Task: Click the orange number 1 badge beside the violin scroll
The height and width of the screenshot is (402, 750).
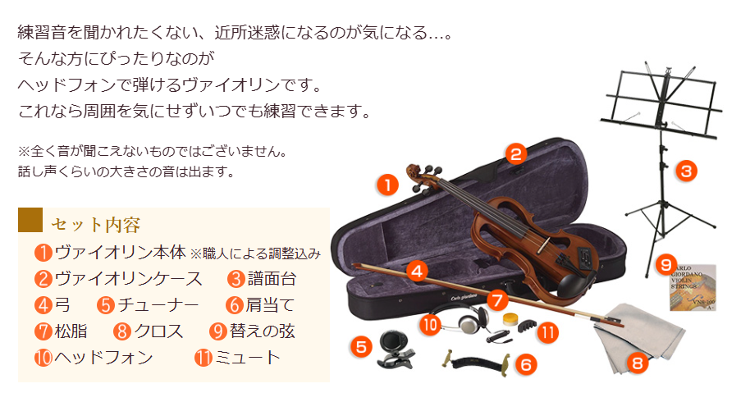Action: [387, 185]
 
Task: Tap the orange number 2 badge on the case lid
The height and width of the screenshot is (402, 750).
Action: [514, 153]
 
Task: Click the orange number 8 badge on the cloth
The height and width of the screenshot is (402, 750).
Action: [637, 362]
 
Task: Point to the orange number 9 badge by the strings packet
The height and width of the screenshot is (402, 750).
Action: [666, 265]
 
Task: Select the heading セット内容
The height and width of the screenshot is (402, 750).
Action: [95, 224]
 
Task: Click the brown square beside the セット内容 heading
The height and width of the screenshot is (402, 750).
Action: [30, 221]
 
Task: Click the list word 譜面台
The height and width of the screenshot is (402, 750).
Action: [272, 279]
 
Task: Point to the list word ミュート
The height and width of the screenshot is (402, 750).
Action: [248, 357]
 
